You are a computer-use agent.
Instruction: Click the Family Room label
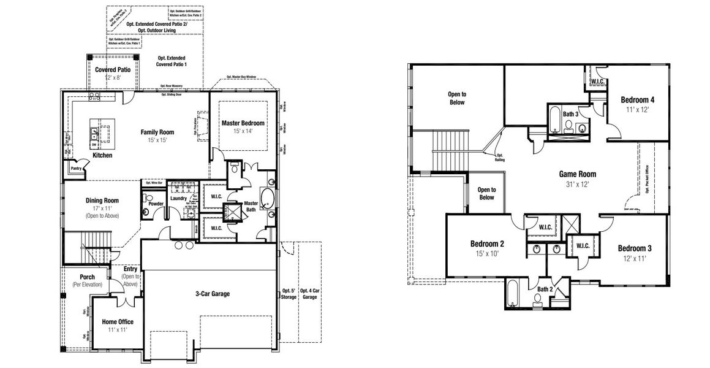tap(157, 132)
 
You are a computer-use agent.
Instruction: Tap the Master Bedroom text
tap(242, 123)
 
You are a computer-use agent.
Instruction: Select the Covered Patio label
tap(112, 70)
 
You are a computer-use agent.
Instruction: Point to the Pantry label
tap(76, 168)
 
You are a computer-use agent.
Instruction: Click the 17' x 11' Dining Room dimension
tap(102, 209)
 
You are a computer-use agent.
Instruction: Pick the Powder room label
tap(156, 204)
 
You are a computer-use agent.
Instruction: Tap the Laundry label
tap(178, 198)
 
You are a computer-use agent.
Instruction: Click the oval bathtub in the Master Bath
tap(268, 199)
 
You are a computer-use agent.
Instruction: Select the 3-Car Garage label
tap(212, 294)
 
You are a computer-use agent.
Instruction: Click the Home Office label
tap(118, 321)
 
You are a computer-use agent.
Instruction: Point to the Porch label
tap(87, 277)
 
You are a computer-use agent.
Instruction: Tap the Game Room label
tap(577, 174)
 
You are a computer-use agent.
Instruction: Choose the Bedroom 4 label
tap(637, 100)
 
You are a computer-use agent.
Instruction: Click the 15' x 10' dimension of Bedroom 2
tap(487, 253)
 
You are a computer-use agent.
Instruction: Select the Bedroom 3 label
tap(634, 248)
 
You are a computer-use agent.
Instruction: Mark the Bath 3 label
tap(571, 113)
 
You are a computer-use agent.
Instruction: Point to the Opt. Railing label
tap(500, 157)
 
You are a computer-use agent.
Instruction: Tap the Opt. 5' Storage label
tap(289, 294)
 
